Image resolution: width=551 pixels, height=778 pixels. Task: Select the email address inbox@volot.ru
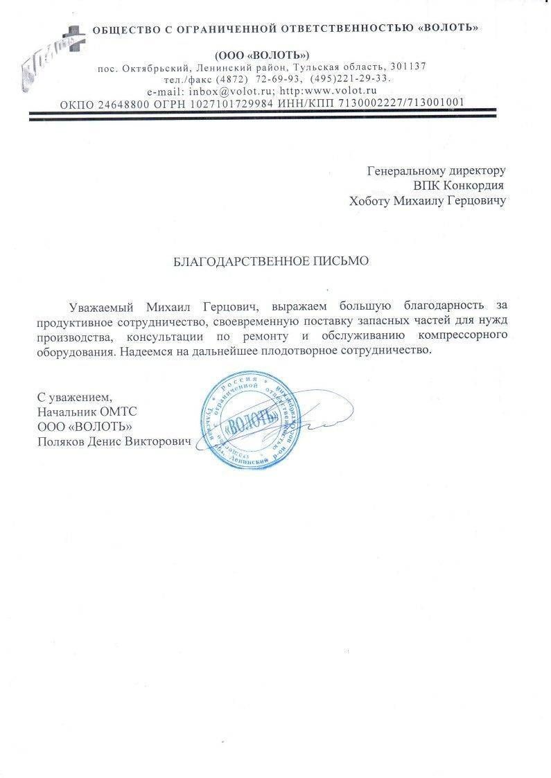pyautogui.click(x=227, y=91)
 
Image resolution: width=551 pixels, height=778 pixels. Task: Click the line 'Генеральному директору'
pyautogui.click(x=436, y=170)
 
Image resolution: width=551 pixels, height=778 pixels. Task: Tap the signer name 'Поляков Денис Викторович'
pyautogui.click(x=114, y=441)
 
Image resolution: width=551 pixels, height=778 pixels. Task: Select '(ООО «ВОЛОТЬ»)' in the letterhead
pyautogui.click(x=262, y=54)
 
